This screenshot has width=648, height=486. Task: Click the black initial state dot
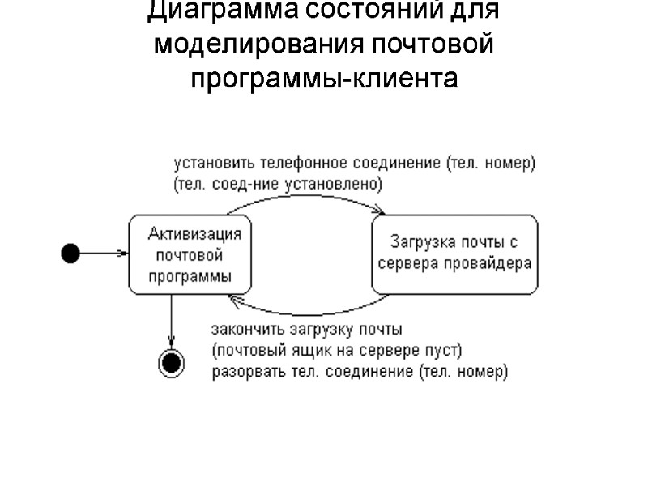(70, 254)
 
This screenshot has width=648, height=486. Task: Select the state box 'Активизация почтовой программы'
(190, 254)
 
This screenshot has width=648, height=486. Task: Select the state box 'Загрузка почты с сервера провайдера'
(454, 254)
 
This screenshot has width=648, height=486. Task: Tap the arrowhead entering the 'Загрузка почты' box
(379, 213)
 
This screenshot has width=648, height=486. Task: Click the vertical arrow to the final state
(171, 320)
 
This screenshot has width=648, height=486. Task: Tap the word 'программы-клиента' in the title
(324, 79)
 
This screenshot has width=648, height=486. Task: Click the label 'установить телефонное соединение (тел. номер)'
(354, 163)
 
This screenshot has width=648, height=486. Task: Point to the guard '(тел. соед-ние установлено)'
(278, 184)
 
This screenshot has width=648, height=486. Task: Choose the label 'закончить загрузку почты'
(307, 330)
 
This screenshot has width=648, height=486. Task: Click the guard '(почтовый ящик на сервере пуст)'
(336, 352)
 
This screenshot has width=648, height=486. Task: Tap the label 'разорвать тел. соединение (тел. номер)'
(360, 373)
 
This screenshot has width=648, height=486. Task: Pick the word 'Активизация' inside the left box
(194, 235)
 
